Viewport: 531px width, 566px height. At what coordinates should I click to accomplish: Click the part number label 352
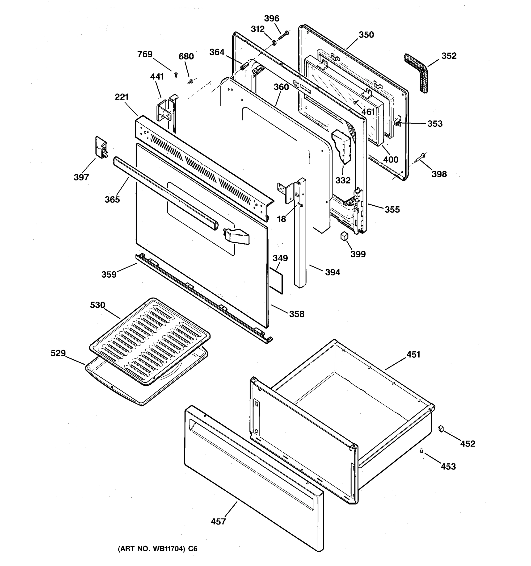click(449, 56)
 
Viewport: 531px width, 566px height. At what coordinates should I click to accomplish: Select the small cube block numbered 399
click(344, 236)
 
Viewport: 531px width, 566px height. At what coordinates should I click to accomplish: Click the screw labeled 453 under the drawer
click(421, 450)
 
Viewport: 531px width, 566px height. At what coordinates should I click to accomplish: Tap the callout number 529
click(58, 353)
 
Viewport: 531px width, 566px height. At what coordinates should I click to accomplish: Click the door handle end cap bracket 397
click(101, 147)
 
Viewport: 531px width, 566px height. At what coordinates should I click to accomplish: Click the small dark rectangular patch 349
click(276, 280)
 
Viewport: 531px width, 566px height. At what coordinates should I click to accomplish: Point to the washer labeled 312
click(274, 43)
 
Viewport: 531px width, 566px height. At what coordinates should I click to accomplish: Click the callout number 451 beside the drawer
click(413, 354)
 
